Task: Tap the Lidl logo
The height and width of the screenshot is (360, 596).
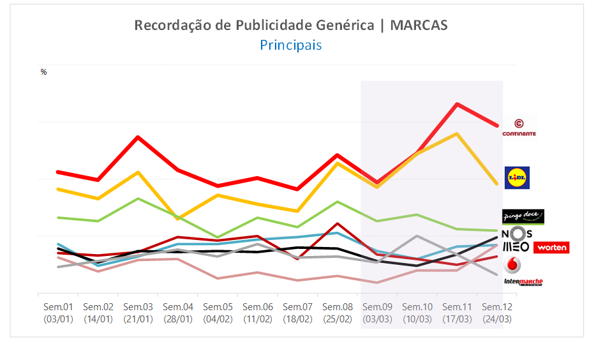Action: [517, 177]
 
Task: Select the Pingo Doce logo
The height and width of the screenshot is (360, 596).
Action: [523, 216]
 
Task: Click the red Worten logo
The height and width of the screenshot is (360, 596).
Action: [551, 247]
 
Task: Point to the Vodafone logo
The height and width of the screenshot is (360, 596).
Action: [512, 265]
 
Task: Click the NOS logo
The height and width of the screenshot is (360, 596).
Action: [516, 234]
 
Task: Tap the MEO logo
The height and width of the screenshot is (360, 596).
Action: [516, 246]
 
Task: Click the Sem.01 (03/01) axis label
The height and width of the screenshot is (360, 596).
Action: [57, 313]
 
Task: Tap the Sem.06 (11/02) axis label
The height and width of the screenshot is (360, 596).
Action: [258, 313]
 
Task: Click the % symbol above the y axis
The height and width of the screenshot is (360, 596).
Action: [43, 72]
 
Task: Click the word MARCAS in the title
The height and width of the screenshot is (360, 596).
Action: [419, 26]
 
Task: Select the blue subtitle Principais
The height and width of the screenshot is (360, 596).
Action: [290, 45]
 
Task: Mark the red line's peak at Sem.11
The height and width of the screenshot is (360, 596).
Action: [457, 104]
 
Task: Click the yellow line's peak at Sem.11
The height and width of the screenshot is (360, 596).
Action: [457, 133]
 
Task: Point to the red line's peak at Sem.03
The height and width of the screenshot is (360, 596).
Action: [138, 137]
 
